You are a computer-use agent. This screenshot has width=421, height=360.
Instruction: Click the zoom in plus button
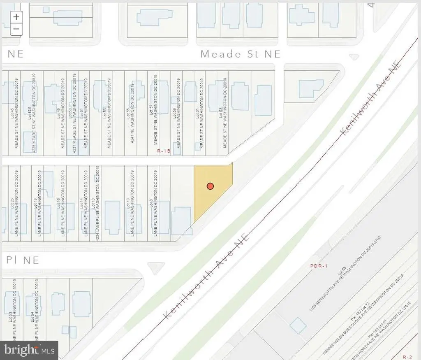coord(16,17)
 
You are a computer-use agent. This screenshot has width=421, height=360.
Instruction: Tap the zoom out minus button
coord(16,29)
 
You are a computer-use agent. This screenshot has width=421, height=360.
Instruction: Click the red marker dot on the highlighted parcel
coord(210,186)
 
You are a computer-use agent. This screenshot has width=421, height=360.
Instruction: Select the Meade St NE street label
coord(240,54)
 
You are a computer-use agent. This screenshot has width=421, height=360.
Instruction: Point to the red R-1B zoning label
coord(164,151)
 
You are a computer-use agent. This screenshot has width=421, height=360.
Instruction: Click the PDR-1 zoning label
coord(318,266)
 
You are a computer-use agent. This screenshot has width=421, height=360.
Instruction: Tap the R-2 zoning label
coord(407,356)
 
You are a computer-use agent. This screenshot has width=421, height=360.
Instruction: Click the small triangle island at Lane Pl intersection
coord(155,268)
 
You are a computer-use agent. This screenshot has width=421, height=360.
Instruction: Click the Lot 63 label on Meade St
coord(220,113)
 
